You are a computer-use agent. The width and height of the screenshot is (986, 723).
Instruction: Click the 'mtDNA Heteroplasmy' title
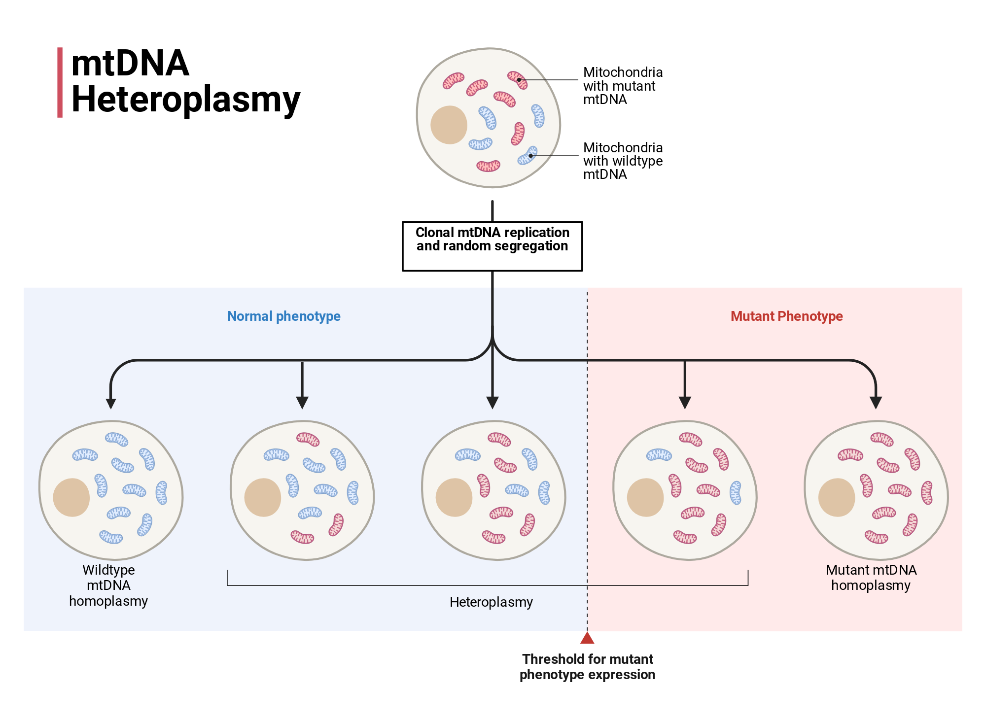pos(185,81)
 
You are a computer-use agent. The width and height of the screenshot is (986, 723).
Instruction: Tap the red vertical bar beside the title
pos(60,82)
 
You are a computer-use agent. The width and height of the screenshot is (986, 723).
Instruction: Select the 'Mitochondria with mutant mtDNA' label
pos(623,86)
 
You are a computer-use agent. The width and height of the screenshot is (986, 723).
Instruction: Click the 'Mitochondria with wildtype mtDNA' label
pos(623,161)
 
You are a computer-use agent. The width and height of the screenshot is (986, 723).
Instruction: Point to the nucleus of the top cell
pos(449,125)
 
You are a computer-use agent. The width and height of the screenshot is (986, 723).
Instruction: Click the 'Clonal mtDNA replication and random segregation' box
pos(493,246)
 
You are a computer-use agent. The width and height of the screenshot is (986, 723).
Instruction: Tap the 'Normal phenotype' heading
pos(284,316)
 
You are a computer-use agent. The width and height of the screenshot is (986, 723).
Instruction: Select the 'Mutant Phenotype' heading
pos(787,316)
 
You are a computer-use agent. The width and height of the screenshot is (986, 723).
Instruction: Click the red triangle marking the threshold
pos(587,638)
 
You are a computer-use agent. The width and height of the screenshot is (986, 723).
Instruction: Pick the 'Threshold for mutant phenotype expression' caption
pos(587,666)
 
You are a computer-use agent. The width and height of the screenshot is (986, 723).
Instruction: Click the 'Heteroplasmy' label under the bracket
pos(491,602)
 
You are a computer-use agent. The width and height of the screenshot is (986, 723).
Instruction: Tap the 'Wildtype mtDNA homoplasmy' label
pos(108,585)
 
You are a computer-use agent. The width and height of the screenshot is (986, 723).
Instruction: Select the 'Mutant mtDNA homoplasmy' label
pos(871,577)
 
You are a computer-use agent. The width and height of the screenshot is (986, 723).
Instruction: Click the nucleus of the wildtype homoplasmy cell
pos(71,497)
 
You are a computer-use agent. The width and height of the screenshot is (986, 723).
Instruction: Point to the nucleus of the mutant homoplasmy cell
pos(837,497)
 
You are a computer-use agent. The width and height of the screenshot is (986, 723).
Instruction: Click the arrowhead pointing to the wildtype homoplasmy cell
pos(111,403)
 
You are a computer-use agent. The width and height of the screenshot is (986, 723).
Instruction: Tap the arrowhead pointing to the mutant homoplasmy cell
pos(876,403)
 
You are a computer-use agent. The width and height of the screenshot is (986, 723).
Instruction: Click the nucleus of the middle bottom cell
pos(454,497)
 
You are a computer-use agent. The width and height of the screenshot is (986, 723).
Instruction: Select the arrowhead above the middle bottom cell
pos(493,403)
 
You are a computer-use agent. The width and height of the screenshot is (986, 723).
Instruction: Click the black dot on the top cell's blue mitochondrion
pos(530,156)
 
